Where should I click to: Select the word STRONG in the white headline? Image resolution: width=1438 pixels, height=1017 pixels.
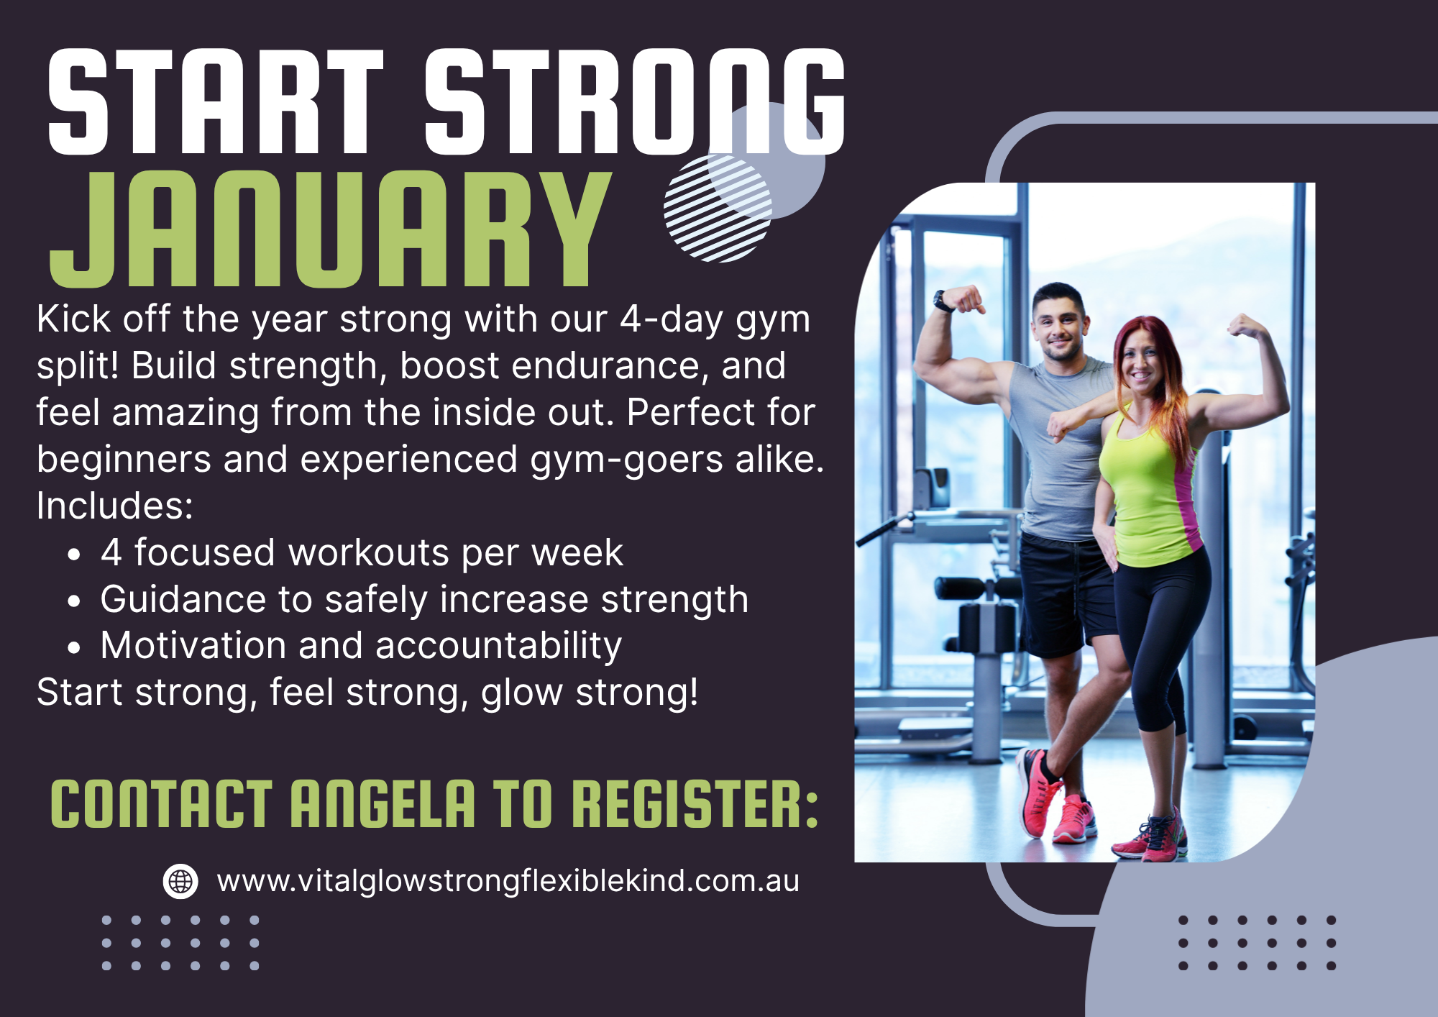coord(633,102)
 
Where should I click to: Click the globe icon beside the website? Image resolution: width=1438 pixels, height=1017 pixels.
coord(180,881)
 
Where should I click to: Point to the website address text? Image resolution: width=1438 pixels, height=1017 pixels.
coord(508,881)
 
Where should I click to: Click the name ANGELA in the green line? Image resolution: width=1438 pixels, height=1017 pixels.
coord(383,804)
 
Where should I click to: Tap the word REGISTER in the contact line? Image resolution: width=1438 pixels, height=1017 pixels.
coord(695,804)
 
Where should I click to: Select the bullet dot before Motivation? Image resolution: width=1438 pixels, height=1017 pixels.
coord(74,647)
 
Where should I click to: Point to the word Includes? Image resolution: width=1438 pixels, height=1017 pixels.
coord(115,506)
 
